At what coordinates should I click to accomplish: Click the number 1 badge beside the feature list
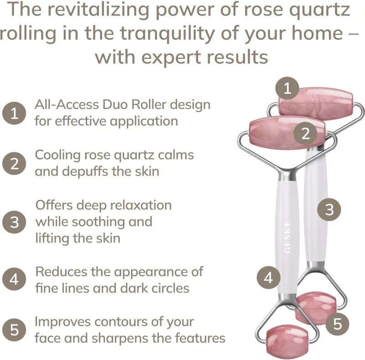(14, 113)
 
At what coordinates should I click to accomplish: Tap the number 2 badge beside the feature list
(14, 163)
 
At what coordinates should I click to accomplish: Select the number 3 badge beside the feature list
(14, 222)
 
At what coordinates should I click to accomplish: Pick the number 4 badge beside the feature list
(14, 279)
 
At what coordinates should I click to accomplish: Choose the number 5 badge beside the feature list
(14, 330)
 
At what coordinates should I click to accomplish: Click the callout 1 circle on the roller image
(287, 88)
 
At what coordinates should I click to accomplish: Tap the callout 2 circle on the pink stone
(305, 134)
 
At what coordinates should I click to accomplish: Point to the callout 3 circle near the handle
(329, 209)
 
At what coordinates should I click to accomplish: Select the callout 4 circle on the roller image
(268, 278)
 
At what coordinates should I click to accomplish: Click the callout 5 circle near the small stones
(337, 324)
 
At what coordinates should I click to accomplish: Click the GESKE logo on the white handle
(287, 237)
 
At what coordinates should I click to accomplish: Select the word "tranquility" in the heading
(167, 34)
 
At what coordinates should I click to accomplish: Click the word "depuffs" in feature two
(85, 171)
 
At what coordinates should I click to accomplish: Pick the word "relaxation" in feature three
(141, 205)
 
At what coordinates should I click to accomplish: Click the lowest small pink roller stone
(287, 341)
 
